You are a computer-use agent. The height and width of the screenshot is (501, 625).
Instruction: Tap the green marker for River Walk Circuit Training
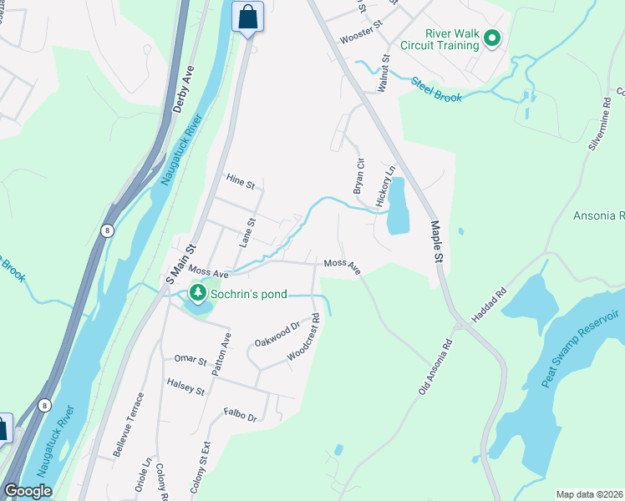tap(492, 38)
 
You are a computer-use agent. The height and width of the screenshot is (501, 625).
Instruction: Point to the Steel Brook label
tap(435, 90)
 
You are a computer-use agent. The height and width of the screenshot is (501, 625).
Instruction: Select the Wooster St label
tap(360, 40)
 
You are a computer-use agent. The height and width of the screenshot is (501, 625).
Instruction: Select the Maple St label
tap(436, 241)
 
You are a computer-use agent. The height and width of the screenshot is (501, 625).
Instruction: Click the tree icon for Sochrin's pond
tap(198, 293)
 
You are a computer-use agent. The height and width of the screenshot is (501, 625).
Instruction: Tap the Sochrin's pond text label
tap(249, 294)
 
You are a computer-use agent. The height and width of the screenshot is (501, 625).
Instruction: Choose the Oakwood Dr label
tap(277, 337)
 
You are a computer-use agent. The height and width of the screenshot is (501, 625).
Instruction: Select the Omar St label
tap(190, 360)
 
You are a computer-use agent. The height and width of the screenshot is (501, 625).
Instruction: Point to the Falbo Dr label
tap(240, 415)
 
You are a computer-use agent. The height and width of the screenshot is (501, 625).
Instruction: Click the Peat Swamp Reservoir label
tap(580, 347)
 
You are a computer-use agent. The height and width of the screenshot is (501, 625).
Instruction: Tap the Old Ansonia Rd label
tap(435, 366)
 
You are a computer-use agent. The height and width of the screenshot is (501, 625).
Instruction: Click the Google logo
tap(28, 491)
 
